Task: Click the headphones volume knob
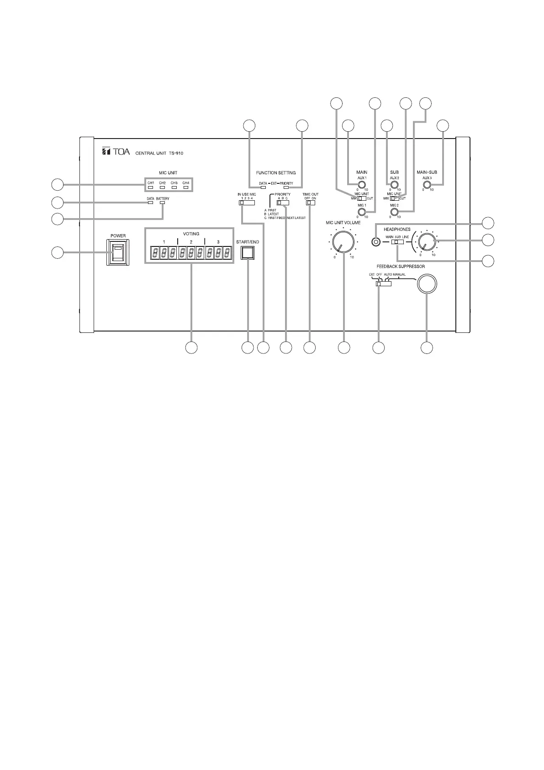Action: (x=426, y=241)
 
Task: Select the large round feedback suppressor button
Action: (x=427, y=284)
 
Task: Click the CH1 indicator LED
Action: (x=150, y=187)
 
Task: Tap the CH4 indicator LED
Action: (x=186, y=187)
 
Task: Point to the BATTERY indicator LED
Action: (x=162, y=203)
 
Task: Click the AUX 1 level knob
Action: (x=361, y=185)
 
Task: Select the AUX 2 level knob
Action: (x=394, y=185)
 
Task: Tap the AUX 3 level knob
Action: (x=427, y=185)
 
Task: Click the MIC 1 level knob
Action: (x=361, y=212)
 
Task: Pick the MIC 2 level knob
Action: (x=394, y=212)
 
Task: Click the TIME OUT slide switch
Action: (x=310, y=203)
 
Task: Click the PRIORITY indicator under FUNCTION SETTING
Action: (x=286, y=187)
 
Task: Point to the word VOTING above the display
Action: (x=191, y=234)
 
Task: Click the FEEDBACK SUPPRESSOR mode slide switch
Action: (x=383, y=284)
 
